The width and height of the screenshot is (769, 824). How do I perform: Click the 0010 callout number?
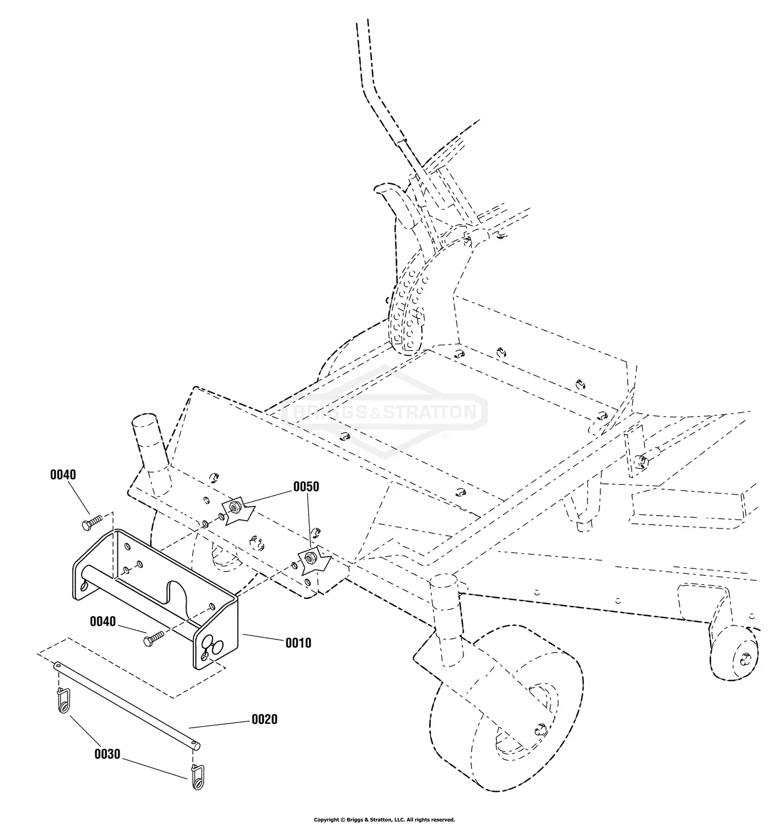[298, 643]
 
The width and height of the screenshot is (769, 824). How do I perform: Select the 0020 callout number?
[264, 719]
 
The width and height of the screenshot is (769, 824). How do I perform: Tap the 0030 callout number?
[107, 754]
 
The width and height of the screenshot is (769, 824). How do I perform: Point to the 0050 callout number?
[306, 486]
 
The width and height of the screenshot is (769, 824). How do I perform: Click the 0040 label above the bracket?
[63, 475]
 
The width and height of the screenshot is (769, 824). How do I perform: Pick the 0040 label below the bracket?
[103, 622]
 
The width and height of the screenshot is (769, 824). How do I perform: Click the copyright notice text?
[384, 819]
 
